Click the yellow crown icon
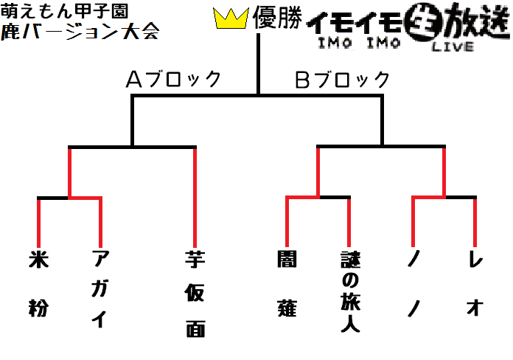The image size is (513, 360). coord(231,18)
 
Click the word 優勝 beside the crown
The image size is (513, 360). coord(277,17)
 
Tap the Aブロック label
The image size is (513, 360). coord(173,79)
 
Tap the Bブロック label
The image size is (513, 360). coord(342,79)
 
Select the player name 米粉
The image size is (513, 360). coord(38,283)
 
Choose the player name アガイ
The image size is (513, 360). coord(100,288)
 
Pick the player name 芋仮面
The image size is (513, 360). coord(195,294)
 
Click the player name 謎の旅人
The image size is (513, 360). coord(350,291)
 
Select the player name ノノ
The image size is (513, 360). coord(413,284)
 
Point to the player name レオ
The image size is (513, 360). coord(475,284)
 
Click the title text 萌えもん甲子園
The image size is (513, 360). coord(64,12)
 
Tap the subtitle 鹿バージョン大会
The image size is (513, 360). coord(80,32)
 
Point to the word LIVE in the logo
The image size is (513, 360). coord(453,46)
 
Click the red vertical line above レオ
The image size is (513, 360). coord(475,223)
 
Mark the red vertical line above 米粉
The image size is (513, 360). coord(38,223)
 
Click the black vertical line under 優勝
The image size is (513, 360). coord(258,64)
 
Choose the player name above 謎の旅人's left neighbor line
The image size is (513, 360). coord(287,284)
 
